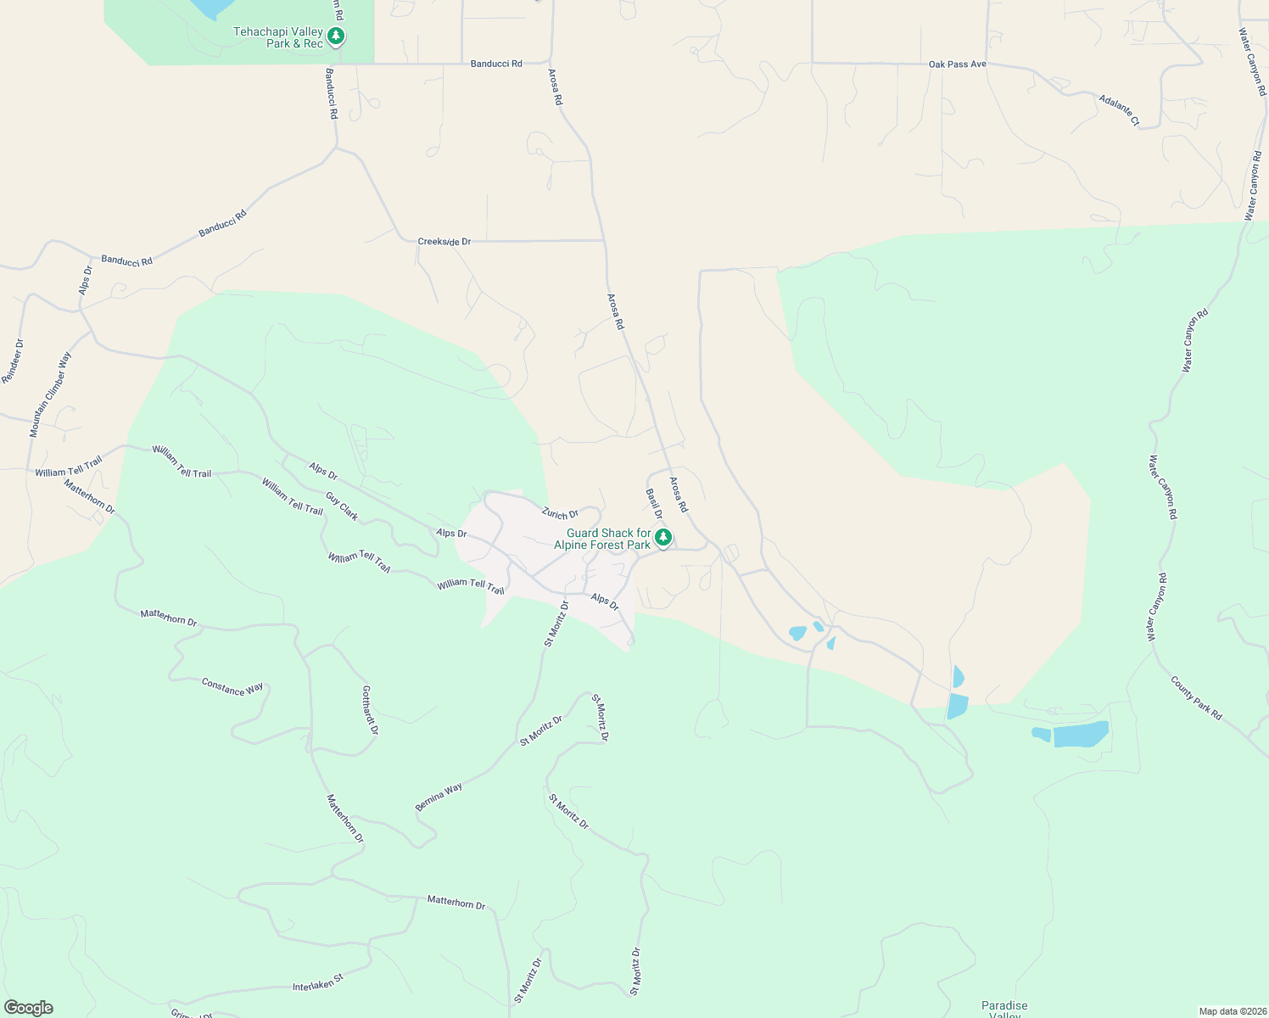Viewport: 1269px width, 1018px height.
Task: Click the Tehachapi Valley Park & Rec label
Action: (278, 37)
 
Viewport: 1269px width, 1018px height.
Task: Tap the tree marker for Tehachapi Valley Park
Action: (336, 36)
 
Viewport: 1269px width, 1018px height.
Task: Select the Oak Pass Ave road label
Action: (957, 64)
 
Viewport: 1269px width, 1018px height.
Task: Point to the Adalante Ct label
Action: (1119, 110)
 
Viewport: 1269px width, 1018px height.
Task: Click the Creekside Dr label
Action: (444, 242)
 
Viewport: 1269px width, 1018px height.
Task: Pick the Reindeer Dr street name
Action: (13, 361)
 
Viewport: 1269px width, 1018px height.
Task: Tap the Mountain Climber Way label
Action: (50, 394)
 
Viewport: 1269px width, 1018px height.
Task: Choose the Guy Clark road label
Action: (342, 506)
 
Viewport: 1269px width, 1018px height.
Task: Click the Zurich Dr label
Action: (560, 514)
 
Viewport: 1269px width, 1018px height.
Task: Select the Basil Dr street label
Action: (653, 504)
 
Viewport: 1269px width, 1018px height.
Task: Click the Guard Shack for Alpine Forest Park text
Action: (602, 540)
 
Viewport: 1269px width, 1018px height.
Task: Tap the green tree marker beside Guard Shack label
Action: (663, 537)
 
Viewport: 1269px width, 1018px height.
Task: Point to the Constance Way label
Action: (232, 687)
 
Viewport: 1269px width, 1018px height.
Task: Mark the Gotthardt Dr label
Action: (370, 710)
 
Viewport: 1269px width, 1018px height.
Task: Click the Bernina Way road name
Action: (439, 797)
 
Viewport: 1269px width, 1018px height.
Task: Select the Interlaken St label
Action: (317, 982)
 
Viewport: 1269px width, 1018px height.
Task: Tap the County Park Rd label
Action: (1196, 698)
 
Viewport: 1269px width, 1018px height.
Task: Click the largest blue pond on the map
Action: (1081, 734)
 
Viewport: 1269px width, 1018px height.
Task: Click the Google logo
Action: (28, 1008)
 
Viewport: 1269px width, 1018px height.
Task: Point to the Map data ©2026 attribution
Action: (1231, 1011)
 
